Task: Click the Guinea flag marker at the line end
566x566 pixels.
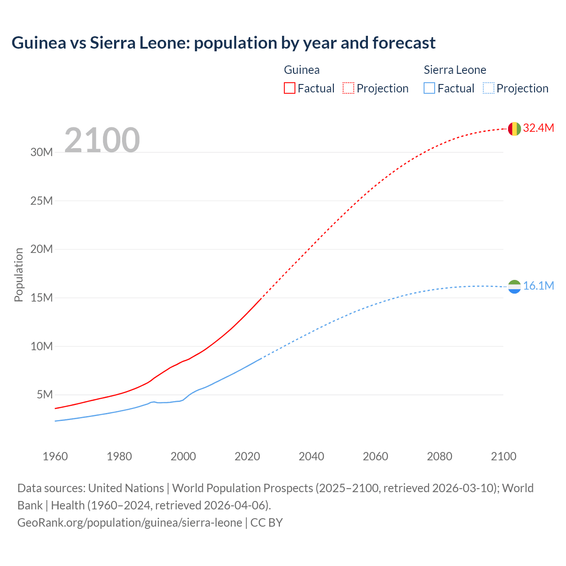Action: point(514,129)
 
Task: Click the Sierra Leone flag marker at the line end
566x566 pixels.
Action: point(514,287)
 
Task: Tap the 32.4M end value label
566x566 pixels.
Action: point(538,128)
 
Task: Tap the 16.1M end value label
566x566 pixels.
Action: point(538,286)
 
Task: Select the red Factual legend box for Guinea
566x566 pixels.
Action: point(289,88)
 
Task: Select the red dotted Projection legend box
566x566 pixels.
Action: point(348,88)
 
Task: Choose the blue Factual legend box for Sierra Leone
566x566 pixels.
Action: point(429,88)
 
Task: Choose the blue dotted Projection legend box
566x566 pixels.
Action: point(488,88)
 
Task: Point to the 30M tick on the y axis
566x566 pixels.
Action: point(42,153)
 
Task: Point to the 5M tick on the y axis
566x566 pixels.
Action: point(45,394)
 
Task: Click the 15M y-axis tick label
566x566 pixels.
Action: point(42,298)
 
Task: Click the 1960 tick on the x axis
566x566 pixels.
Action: point(55,456)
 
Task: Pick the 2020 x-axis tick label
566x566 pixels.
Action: point(247,456)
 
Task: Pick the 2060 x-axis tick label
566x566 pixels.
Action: point(375,456)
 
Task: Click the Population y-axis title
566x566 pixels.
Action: point(19,275)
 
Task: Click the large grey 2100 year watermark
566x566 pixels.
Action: point(102,140)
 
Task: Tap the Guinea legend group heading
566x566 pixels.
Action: point(302,70)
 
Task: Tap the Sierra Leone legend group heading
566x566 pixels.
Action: point(455,70)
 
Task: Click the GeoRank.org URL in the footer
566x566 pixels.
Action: point(130,523)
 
